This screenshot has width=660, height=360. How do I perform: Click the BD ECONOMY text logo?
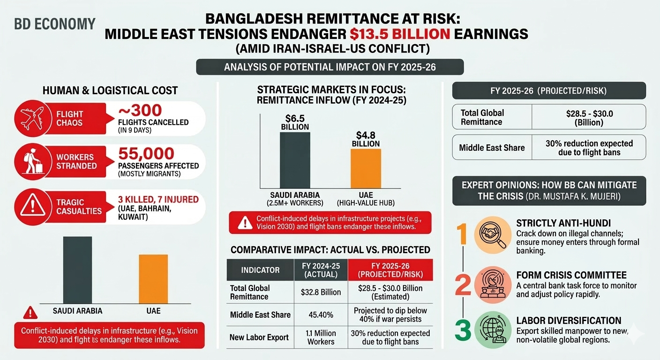55,24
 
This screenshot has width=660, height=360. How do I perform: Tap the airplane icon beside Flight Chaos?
32,118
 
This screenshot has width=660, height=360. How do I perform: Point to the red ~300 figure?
140,111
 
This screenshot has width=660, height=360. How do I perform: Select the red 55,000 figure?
146,154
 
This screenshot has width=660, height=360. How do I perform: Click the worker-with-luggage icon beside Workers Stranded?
32,161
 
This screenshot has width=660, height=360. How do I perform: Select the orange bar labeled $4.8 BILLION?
366,168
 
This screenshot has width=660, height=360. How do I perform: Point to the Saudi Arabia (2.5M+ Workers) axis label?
295,199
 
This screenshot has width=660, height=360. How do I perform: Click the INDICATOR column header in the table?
260,270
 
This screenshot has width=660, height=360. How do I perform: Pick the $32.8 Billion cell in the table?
321,292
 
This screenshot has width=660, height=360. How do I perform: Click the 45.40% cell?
321,315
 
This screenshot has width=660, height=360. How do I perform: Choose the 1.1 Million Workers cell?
321,337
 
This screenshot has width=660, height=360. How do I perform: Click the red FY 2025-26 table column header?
390,270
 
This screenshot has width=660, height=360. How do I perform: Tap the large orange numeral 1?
463,234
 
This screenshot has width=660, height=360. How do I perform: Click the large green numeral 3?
463,330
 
